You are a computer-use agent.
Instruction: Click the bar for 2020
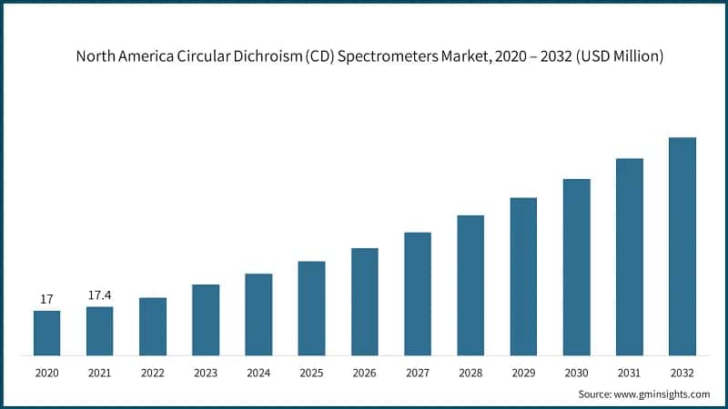coord(47,333)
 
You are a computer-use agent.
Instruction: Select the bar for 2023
coord(206,320)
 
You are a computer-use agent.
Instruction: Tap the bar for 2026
coord(364,302)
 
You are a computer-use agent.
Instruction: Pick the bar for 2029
coord(523,276)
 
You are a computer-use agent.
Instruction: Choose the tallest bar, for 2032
coord(682,246)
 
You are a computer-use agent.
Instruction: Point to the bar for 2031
coord(629,256)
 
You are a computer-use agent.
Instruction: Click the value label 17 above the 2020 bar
coord(47,299)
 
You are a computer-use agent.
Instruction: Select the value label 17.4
coord(100,295)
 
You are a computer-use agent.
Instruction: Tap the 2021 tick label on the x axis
coord(100,373)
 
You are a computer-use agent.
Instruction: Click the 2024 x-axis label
coord(258,373)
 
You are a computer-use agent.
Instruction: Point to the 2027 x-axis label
coord(417,373)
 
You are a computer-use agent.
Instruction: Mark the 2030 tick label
coord(576,373)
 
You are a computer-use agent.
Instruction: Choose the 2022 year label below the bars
coord(153,373)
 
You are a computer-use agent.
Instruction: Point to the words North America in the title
coord(116,56)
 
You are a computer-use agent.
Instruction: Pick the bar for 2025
coord(311,308)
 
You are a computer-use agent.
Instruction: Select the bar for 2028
coord(470,285)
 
